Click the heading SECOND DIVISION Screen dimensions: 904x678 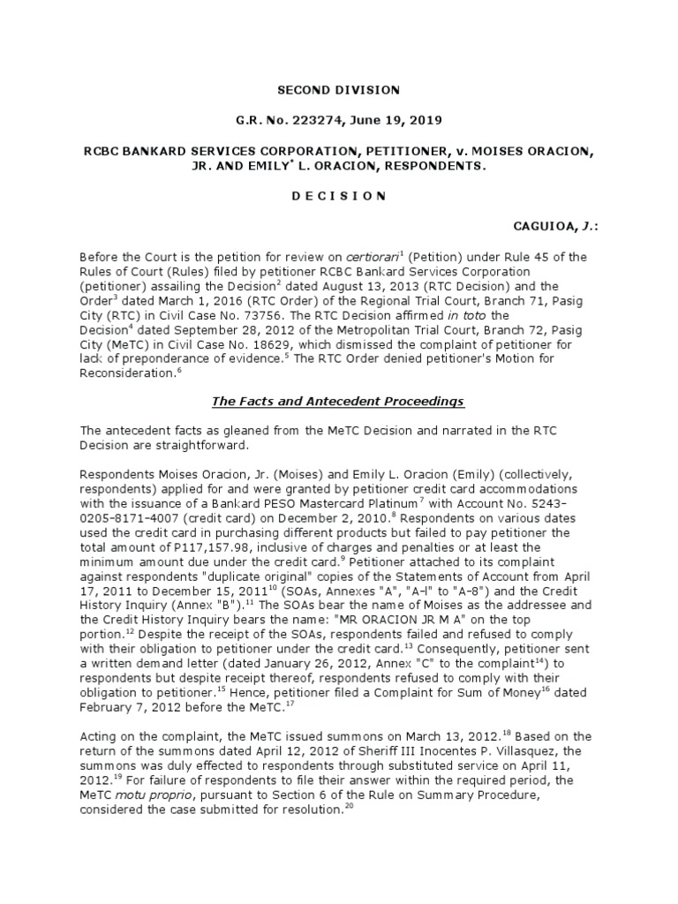(x=339, y=90)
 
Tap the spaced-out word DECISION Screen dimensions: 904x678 (x=339, y=196)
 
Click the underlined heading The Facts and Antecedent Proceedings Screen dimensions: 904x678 (x=338, y=402)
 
